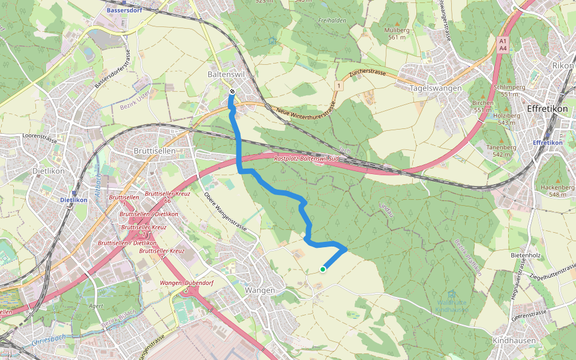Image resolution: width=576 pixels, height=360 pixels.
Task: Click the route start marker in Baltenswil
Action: pyautogui.click(x=232, y=91)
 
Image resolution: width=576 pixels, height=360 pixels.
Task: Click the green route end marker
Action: pyautogui.click(x=323, y=269)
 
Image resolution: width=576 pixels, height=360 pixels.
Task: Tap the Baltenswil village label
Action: pyautogui.click(x=226, y=74)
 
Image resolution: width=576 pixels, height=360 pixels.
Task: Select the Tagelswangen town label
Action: pyautogui.click(x=435, y=88)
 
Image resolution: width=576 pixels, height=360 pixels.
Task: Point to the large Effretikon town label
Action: pyautogui.click(x=547, y=109)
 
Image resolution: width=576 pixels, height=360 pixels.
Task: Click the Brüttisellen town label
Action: pyautogui.click(x=154, y=151)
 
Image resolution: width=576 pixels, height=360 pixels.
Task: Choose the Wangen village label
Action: pyautogui.click(x=260, y=290)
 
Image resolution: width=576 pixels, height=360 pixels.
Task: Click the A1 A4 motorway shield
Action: pyautogui.click(x=503, y=44)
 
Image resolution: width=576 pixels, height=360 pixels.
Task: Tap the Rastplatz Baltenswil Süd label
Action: pyautogui.click(x=306, y=159)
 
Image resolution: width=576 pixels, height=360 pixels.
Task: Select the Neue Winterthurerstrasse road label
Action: pyautogui.click(x=305, y=112)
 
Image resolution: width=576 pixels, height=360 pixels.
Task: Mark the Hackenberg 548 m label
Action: pyautogui.click(x=553, y=190)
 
